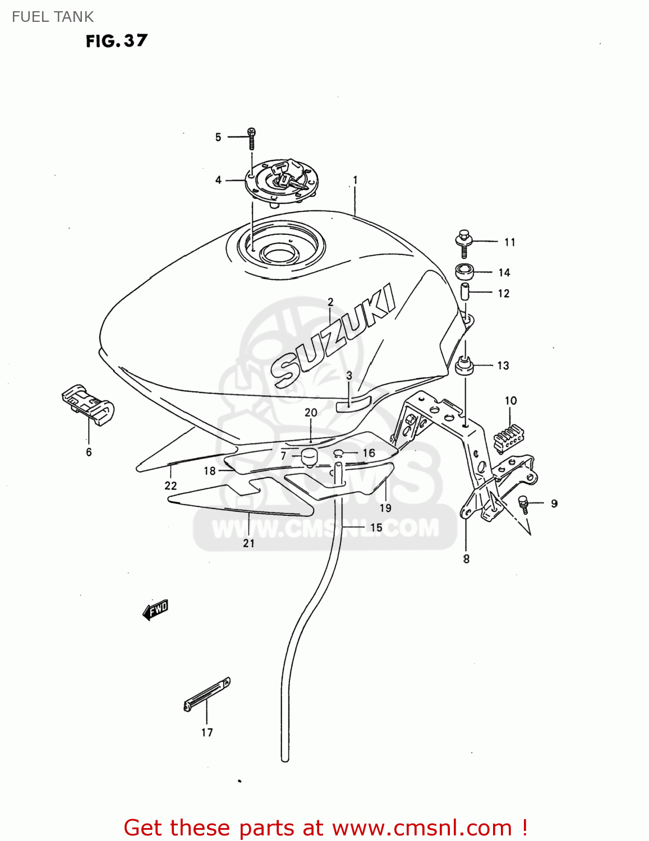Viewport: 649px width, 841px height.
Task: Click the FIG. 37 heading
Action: (x=117, y=41)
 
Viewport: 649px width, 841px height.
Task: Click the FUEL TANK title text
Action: (x=53, y=17)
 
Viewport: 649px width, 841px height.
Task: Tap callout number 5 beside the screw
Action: (x=218, y=137)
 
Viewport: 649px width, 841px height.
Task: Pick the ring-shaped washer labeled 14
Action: (x=464, y=272)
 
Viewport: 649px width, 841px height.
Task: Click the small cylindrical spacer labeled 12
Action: (x=464, y=292)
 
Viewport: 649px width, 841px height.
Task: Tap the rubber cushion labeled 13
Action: (x=464, y=367)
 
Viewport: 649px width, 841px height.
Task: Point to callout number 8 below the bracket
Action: (x=466, y=558)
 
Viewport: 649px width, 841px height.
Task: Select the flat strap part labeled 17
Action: (x=207, y=695)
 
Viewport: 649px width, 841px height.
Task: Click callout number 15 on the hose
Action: (x=376, y=528)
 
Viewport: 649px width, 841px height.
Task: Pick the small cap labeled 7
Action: (x=309, y=456)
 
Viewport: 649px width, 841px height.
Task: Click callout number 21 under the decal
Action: (x=248, y=543)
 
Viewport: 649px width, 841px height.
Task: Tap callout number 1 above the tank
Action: (x=355, y=180)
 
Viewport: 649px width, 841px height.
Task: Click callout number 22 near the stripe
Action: (x=171, y=486)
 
